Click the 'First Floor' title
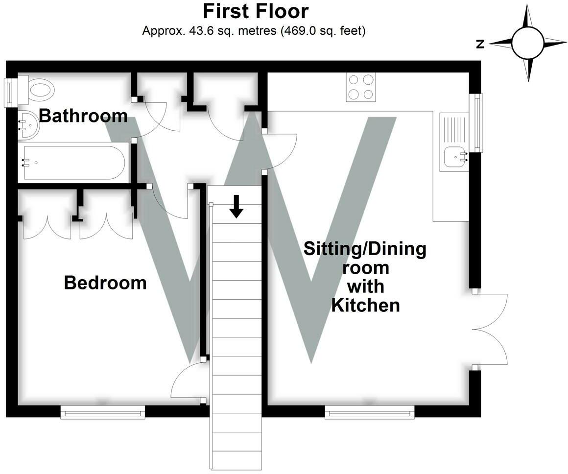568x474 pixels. [x=256, y=11]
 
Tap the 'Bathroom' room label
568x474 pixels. [x=83, y=116]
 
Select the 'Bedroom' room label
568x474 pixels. [x=105, y=283]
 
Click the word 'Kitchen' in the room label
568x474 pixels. [x=365, y=305]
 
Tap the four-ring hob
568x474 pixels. [x=361, y=87]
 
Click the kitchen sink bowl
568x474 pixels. [x=456, y=157]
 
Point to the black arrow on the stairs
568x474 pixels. [x=236, y=206]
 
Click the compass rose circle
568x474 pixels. [x=528, y=44]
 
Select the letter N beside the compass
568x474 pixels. [x=480, y=44]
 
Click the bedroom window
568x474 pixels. [x=103, y=412]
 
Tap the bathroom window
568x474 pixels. [x=10, y=93]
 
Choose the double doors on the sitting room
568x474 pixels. [x=489, y=330]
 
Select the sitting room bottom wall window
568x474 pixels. [x=370, y=412]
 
